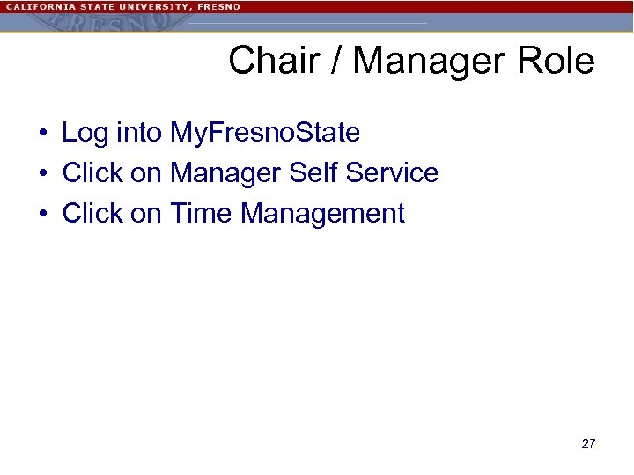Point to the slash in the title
click(339, 62)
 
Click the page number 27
click(588, 443)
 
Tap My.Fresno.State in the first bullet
click(265, 133)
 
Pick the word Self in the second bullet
click(313, 173)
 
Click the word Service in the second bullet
click(392, 173)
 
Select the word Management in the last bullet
click(323, 214)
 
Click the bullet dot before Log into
click(42, 134)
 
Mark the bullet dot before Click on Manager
click(42, 174)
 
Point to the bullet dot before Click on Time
click(42, 215)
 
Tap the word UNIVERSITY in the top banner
click(143, 6)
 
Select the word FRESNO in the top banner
click(218, 6)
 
